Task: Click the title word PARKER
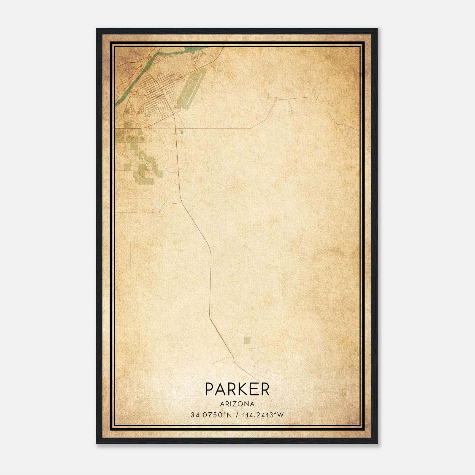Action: [237, 389]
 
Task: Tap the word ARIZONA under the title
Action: [237, 404]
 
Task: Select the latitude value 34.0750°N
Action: [211, 415]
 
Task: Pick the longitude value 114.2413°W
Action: [263, 415]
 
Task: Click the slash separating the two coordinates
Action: [237, 415]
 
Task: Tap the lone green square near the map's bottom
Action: [247, 340]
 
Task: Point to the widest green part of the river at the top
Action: [196, 49]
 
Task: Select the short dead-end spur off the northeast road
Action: [290, 105]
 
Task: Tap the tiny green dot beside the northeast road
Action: [316, 100]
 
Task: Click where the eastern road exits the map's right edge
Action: [358, 130]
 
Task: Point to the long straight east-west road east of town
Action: [217, 128]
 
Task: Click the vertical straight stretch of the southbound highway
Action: [211, 282]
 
